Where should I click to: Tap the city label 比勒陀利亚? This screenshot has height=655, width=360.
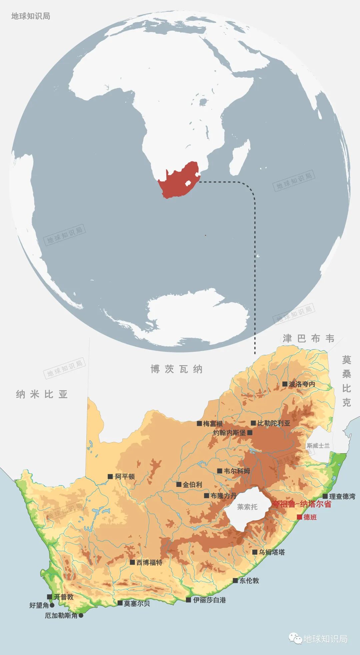[x=274, y=423]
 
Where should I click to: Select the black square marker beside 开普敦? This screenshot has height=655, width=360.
[x=50, y=597]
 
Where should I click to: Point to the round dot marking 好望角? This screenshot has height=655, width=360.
[x=52, y=605]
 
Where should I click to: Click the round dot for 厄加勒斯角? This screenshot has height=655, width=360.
[x=81, y=616]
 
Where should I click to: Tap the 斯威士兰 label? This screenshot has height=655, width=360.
[x=318, y=446]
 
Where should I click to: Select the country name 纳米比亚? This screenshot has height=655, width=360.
[x=42, y=394]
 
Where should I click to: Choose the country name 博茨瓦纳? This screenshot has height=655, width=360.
[x=176, y=369]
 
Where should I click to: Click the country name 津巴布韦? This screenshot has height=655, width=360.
[x=309, y=339]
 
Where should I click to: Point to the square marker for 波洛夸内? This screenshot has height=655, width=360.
[x=285, y=384]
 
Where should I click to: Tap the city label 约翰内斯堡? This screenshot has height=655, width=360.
[x=229, y=433]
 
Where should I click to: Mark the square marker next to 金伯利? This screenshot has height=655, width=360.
[x=179, y=485]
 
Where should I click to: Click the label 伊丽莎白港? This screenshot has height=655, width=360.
[x=209, y=600]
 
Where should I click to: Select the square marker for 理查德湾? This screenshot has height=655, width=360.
[x=325, y=496]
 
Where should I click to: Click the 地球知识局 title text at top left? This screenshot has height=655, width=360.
[x=31, y=16]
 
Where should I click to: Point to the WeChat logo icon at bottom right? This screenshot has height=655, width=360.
[x=295, y=639]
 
